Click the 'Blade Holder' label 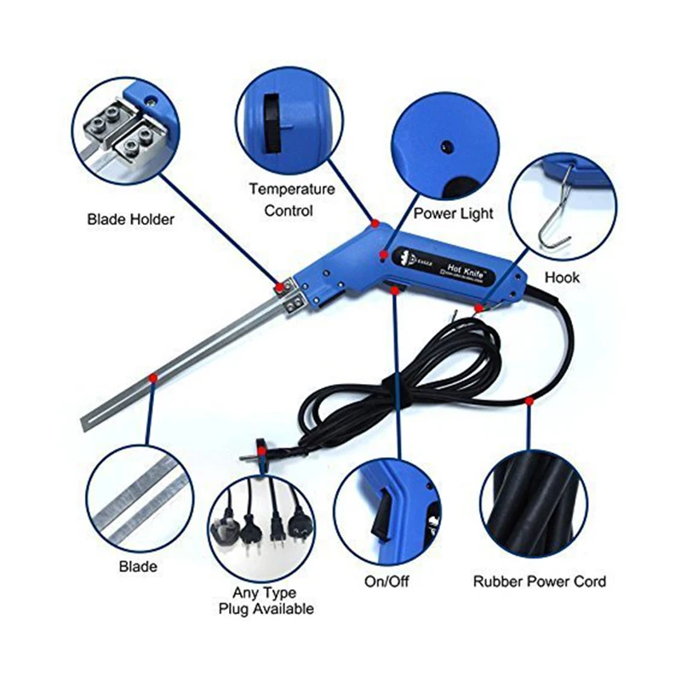point(130,220)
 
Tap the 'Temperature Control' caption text point(291,199)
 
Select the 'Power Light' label point(453,213)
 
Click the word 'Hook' point(562,278)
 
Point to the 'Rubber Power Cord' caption point(540,581)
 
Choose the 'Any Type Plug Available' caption point(265,600)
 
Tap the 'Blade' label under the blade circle point(138,566)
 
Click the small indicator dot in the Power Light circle point(444,146)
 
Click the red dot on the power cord point(529,398)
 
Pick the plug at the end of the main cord point(265,449)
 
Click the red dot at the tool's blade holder point(278,287)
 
